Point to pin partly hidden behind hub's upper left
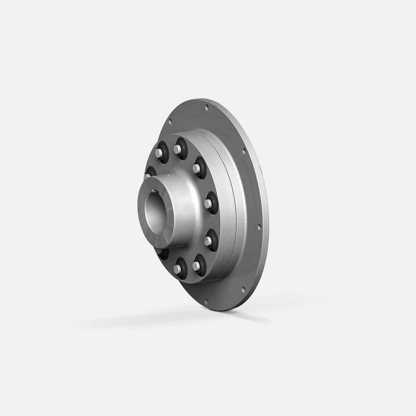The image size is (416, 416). [x=148, y=175]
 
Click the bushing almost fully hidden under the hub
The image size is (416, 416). [x=158, y=253]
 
